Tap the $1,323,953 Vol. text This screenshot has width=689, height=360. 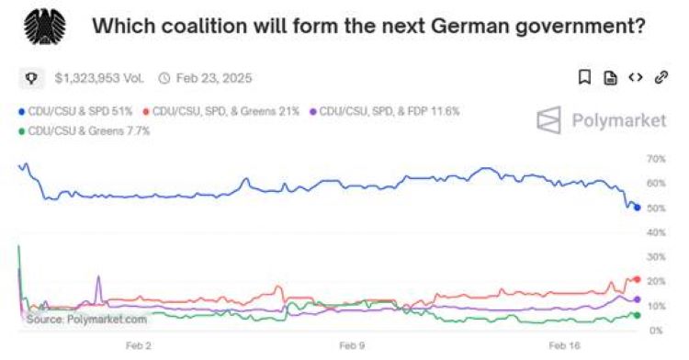point(99,78)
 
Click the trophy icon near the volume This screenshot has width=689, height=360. point(30,78)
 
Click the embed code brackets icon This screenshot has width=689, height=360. point(634,78)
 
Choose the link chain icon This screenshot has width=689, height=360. point(660,78)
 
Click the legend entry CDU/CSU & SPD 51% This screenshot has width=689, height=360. point(76,111)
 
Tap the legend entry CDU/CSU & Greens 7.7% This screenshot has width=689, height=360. point(84,131)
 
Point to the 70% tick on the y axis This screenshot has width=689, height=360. point(656,160)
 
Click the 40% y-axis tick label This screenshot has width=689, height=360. point(656,233)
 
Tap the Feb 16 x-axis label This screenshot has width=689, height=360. point(564,346)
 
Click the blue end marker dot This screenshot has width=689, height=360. point(637,208)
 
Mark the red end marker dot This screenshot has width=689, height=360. point(636,279)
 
